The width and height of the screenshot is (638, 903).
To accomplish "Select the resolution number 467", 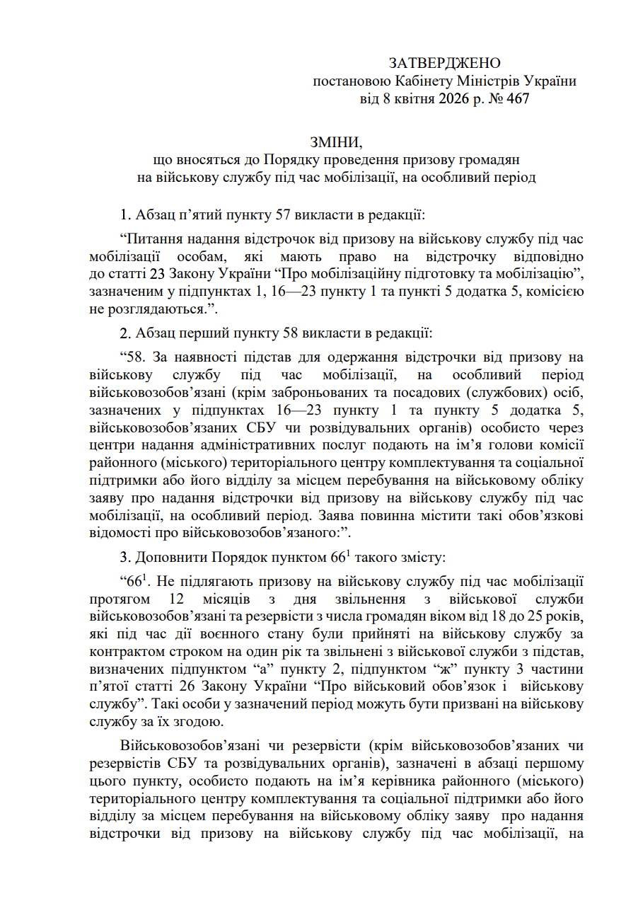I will [517, 99].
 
